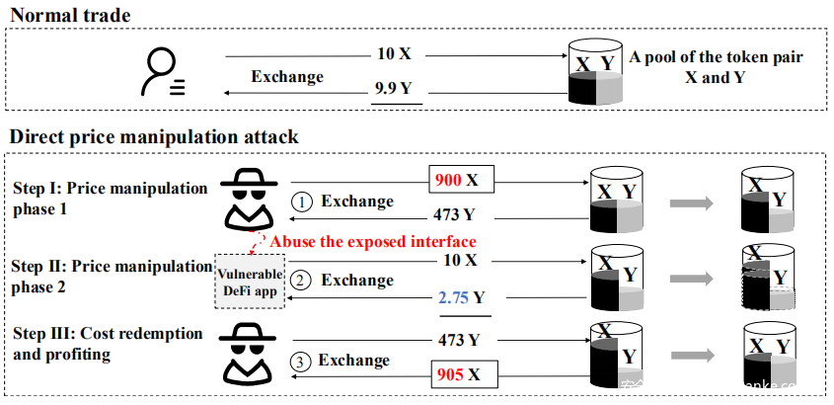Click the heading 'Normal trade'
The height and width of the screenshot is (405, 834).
coord(69,15)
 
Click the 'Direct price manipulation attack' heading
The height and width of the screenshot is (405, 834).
coord(154,136)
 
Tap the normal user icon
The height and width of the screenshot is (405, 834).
coord(164,72)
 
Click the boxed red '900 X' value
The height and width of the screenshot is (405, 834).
coord(461,180)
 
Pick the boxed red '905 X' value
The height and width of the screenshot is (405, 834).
coord(461,374)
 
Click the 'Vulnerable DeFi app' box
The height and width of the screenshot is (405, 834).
coord(249,281)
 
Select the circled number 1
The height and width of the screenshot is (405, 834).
coord(303,202)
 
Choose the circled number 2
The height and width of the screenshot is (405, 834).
coord(301,281)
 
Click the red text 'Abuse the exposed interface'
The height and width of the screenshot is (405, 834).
coord(373,241)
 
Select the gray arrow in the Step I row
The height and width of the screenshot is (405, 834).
coord(692,203)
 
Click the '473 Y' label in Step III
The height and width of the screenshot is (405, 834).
coord(458,340)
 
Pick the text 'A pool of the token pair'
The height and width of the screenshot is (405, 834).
coord(716,57)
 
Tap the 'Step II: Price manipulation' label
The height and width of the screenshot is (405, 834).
coord(111,265)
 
